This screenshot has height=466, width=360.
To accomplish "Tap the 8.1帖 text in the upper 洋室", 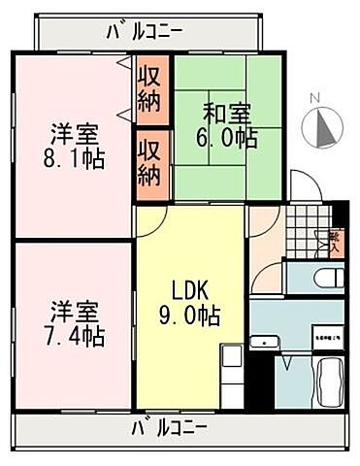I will coord(73,155).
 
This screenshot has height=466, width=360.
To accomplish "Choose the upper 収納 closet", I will coord(149,87).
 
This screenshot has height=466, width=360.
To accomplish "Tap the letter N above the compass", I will coord(313,98).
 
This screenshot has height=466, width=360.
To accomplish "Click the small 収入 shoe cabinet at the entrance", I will coord(334,238).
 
